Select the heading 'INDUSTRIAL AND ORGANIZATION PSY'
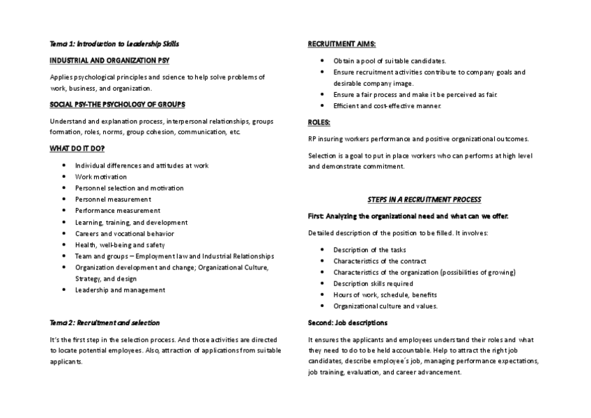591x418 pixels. [x=109, y=61]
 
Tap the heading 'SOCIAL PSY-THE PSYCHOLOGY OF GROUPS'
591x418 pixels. [x=117, y=105]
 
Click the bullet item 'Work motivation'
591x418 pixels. [x=101, y=177]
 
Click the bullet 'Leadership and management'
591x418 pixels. [x=120, y=290]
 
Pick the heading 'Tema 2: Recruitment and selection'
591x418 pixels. [x=105, y=322]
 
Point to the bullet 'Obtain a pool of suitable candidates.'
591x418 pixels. [x=390, y=61]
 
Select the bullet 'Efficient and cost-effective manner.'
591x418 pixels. [x=387, y=105]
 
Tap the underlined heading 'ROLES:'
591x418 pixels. [x=319, y=122]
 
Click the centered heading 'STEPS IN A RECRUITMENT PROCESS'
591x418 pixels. [x=424, y=200]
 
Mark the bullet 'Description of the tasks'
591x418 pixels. [x=369, y=250]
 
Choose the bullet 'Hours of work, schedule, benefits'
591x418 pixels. [x=385, y=294]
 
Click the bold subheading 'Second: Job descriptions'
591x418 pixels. [x=348, y=322]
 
